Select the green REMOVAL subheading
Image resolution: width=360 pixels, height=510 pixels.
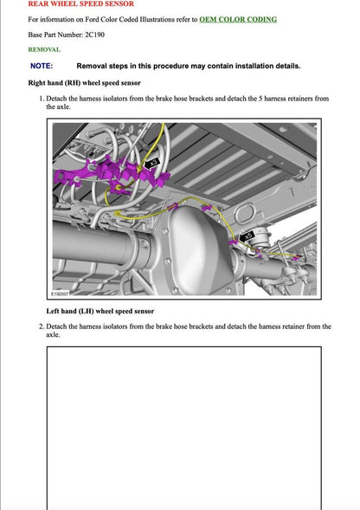[x=44, y=49]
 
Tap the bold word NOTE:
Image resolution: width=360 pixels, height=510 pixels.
[x=42, y=66]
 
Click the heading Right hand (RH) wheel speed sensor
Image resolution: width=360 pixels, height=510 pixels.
[x=85, y=83]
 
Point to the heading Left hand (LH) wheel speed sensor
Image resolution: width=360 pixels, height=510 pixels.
[x=100, y=311]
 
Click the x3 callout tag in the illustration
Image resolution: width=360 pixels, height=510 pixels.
[x=153, y=162]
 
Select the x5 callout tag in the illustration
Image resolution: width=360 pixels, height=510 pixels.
[x=247, y=235]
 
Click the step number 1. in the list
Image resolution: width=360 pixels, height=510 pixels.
[x=42, y=99]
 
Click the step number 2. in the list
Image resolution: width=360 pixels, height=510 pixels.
[x=42, y=326]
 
